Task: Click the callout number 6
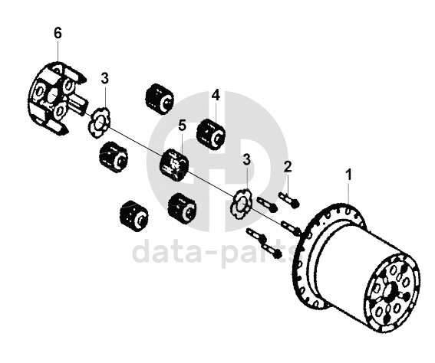click(x=58, y=34)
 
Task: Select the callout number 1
click(x=349, y=175)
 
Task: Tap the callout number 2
click(x=288, y=167)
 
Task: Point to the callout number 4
click(x=216, y=95)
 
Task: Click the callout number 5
click(x=182, y=126)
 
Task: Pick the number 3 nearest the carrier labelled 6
click(x=104, y=79)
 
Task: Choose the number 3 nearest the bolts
click(x=246, y=159)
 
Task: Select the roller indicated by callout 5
click(x=174, y=165)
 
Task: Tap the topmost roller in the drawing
click(x=160, y=99)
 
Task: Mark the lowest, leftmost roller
click(x=135, y=215)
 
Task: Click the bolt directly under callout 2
click(x=288, y=200)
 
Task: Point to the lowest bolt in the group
click(x=272, y=250)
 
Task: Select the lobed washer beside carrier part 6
click(x=99, y=123)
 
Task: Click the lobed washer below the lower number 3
click(x=242, y=204)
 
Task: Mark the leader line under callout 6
click(x=58, y=51)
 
